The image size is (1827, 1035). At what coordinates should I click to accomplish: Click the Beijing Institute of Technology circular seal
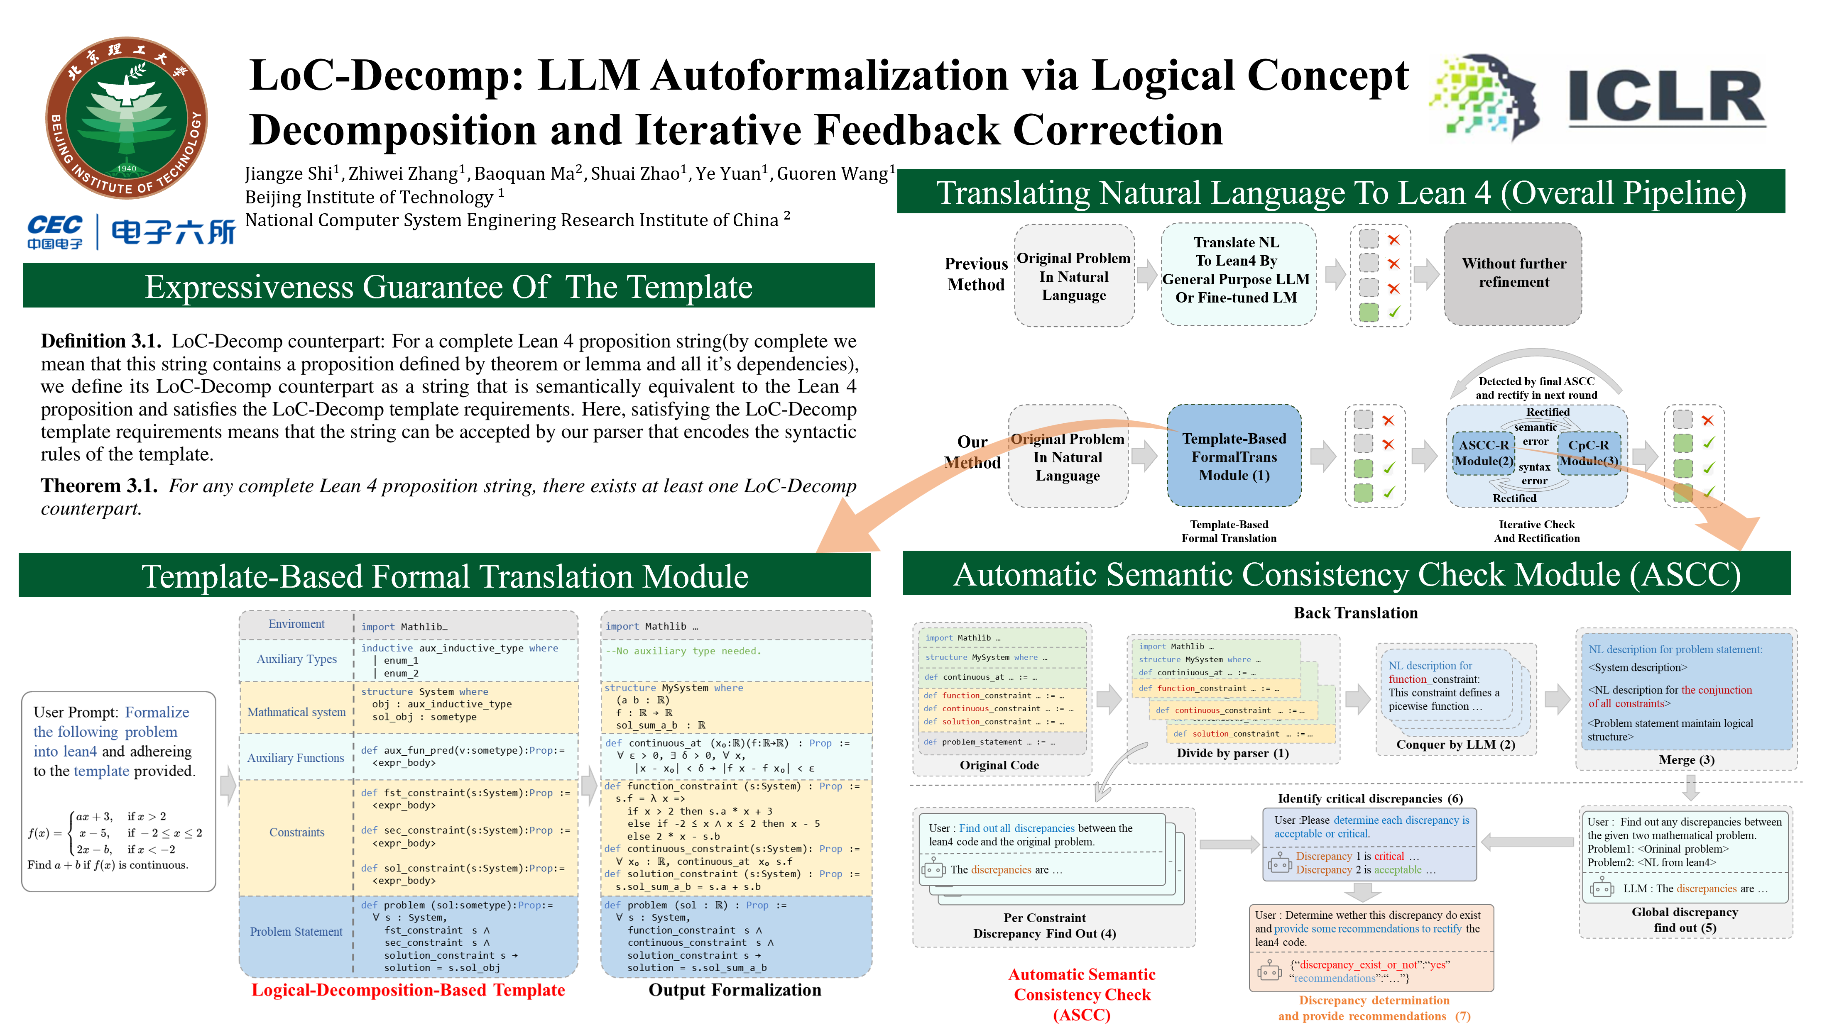pos(127,118)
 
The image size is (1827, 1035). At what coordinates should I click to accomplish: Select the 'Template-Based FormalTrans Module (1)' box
pos(1234,456)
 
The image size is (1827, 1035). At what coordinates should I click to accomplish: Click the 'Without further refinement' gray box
pos(1514,273)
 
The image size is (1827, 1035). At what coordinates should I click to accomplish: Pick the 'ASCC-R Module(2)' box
pos(1484,453)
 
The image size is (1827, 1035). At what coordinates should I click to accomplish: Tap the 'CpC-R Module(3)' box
pos(1589,453)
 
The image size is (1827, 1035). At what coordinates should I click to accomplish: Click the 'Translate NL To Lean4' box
pos(1236,270)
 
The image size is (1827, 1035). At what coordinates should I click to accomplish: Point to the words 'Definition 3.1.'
pos(100,341)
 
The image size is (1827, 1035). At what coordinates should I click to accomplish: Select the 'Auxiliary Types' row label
pos(296,659)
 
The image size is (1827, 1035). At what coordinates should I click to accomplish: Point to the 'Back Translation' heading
pos(1355,613)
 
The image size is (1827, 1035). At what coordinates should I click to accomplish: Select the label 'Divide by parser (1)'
pos(1232,753)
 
